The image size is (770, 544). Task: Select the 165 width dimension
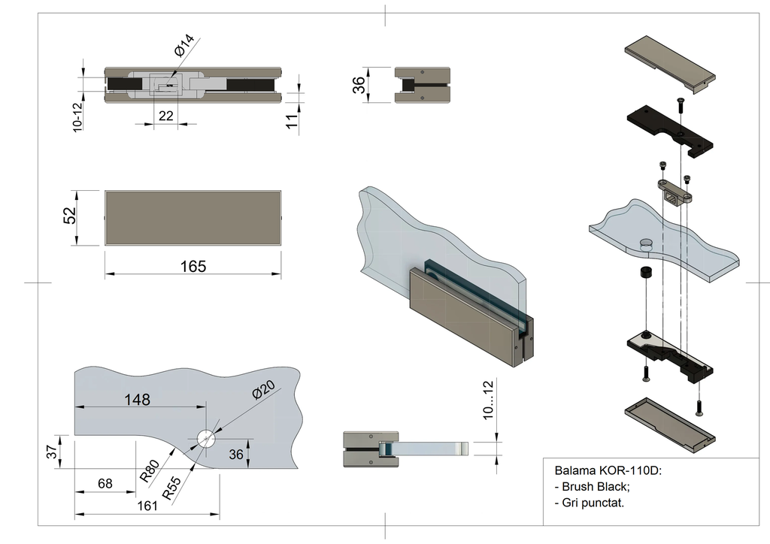click(193, 266)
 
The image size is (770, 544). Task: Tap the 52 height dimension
click(70, 216)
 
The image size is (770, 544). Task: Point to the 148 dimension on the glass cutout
click(138, 399)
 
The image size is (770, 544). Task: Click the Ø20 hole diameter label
click(264, 391)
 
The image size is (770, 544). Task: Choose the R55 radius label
click(173, 488)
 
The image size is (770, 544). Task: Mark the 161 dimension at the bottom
click(147, 506)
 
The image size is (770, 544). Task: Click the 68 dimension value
click(105, 483)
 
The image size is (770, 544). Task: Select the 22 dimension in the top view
click(166, 115)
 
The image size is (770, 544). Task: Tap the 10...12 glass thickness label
click(490, 402)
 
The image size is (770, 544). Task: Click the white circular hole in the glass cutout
click(205, 438)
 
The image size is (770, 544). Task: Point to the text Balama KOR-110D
click(608, 471)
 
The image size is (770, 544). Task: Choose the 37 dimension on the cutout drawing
click(51, 452)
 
